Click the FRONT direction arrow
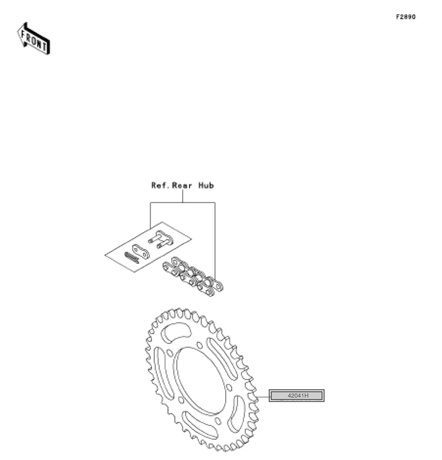(33, 39)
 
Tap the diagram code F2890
(405, 17)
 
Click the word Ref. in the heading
(160, 186)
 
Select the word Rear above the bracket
(182, 186)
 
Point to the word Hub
(206, 186)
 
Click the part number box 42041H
(296, 395)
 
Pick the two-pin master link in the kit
(161, 239)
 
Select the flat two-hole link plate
(141, 251)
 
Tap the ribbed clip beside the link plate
(131, 258)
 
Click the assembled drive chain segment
(193, 277)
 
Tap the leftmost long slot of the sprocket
(163, 373)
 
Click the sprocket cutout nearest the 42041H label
(237, 413)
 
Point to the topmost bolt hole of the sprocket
(200, 345)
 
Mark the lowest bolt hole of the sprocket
(218, 421)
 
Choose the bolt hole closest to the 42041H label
(229, 388)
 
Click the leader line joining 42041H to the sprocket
(263, 396)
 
